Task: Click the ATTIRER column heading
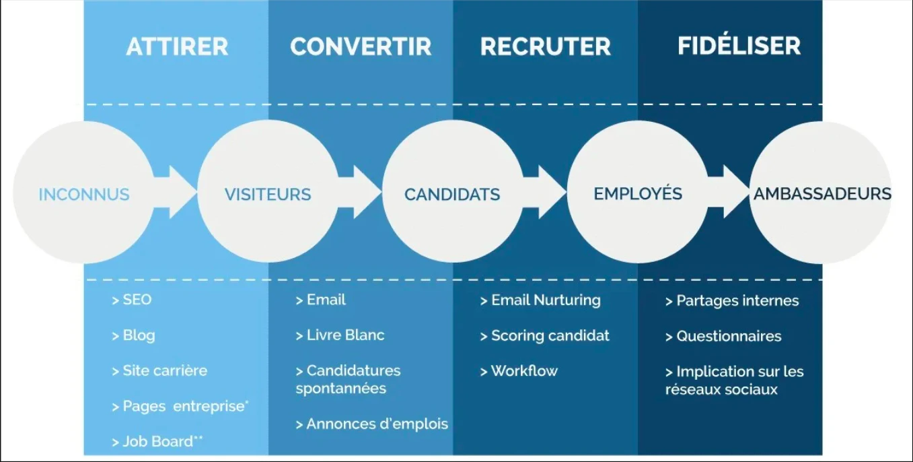tap(178, 46)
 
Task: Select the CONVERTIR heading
tap(361, 46)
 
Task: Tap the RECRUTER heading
tap(546, 46)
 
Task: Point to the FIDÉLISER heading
tap(739, 45)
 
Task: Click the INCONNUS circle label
tap(84, 194)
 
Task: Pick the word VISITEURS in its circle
tap(268, 194)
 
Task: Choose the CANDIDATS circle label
tap(452, 194)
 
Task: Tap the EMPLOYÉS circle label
tap(638, 193)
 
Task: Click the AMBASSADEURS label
tap(822, 193)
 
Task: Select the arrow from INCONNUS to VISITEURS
tap(175, 192)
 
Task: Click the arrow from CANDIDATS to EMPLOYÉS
tap(544, 192)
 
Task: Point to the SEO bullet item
tap(132, 300)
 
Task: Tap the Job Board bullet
tap(157, 441)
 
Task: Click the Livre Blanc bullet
tap(340, 335)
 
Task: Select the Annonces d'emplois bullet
tap(371, 424)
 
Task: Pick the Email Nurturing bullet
tap(540, 300)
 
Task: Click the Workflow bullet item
tap(519, 371)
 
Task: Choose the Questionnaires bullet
tap(723, 336)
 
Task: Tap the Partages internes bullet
tap(732, 301)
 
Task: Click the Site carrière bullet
tap(159, 370)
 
